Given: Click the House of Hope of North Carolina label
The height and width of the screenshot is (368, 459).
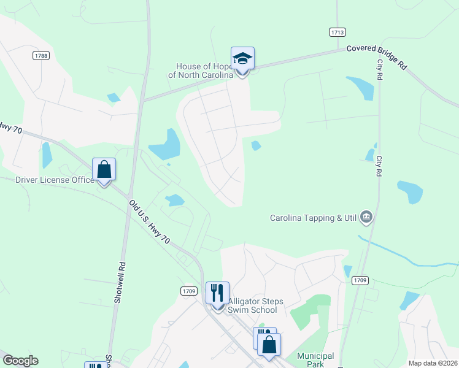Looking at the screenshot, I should pos(201,71).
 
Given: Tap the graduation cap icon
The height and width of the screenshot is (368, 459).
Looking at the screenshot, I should pos(242,59).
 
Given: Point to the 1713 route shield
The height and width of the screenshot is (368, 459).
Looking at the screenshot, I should pos(337,32).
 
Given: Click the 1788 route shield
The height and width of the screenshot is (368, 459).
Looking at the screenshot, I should pos(40,55).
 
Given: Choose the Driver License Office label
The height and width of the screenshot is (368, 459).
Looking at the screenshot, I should pos(55,180).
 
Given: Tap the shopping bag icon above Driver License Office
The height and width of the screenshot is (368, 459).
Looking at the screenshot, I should pos(104,170).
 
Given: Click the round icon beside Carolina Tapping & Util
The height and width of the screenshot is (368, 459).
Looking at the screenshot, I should pos(367,217).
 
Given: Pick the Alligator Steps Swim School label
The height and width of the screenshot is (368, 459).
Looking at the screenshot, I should pos(252,305).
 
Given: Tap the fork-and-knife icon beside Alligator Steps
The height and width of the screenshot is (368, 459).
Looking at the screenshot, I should pos(217,293).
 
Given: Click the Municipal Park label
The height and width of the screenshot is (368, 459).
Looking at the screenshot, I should pos(315,360).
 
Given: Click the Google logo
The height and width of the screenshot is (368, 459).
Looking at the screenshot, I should pos(20,361).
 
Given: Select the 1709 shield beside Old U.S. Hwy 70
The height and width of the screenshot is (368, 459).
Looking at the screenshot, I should pos(188,290).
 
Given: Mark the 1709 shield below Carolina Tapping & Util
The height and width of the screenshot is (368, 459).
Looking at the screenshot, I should pos(360,280).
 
